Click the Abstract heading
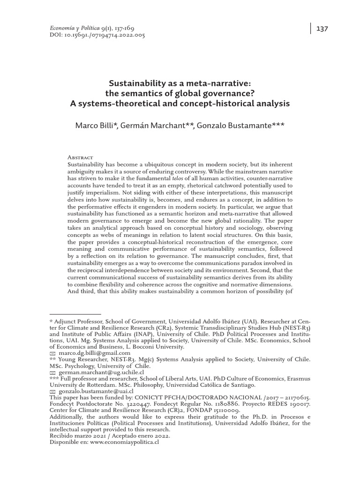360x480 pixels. pyautogui.click(x=81, y=157)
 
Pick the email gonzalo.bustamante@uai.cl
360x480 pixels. pyautogui.click(x=95, y=391)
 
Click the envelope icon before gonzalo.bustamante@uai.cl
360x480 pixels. pyautogui.click(x=52, y=391)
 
